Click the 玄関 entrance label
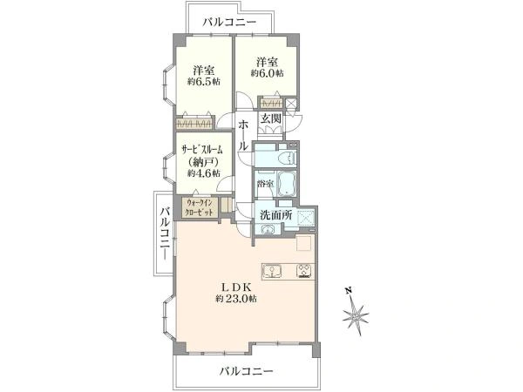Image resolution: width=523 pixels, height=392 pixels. click(x=270, y=118)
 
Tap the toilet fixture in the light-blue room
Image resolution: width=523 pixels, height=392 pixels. click(x=289, y=158)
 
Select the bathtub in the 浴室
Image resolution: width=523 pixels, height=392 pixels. click(x=287, y=184)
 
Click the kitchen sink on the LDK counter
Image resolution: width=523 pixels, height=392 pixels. click(x=273, y=271)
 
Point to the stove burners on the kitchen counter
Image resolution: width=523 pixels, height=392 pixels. click(x=304, y=271)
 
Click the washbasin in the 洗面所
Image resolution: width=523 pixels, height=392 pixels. click(x=268, y=229)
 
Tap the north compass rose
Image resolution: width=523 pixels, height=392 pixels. click(x=356, y=313)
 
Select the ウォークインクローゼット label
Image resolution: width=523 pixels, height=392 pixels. click(x=200, y=207)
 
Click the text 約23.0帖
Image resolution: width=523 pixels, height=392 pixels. click(x=236, y=298)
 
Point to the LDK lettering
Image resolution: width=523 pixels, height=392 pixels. click(x=236, y=287)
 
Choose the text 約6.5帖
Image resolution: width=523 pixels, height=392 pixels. click(x=204, y=81)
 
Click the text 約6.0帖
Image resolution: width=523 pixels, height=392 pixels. click(x=268, y=73)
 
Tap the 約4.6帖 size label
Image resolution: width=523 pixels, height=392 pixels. click(x=204, y=173)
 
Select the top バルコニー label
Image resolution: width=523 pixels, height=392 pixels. click(x=230, y=23)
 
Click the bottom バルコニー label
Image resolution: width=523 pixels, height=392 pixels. click(x=246, y=371)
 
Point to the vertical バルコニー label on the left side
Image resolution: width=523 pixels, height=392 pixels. click(x=166, y=233)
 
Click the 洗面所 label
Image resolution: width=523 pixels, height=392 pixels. click(x=275, y=215)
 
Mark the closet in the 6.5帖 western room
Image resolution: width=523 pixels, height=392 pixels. click(x=194, y=124)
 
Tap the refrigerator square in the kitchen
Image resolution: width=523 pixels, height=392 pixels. click(x=304, y=243)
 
